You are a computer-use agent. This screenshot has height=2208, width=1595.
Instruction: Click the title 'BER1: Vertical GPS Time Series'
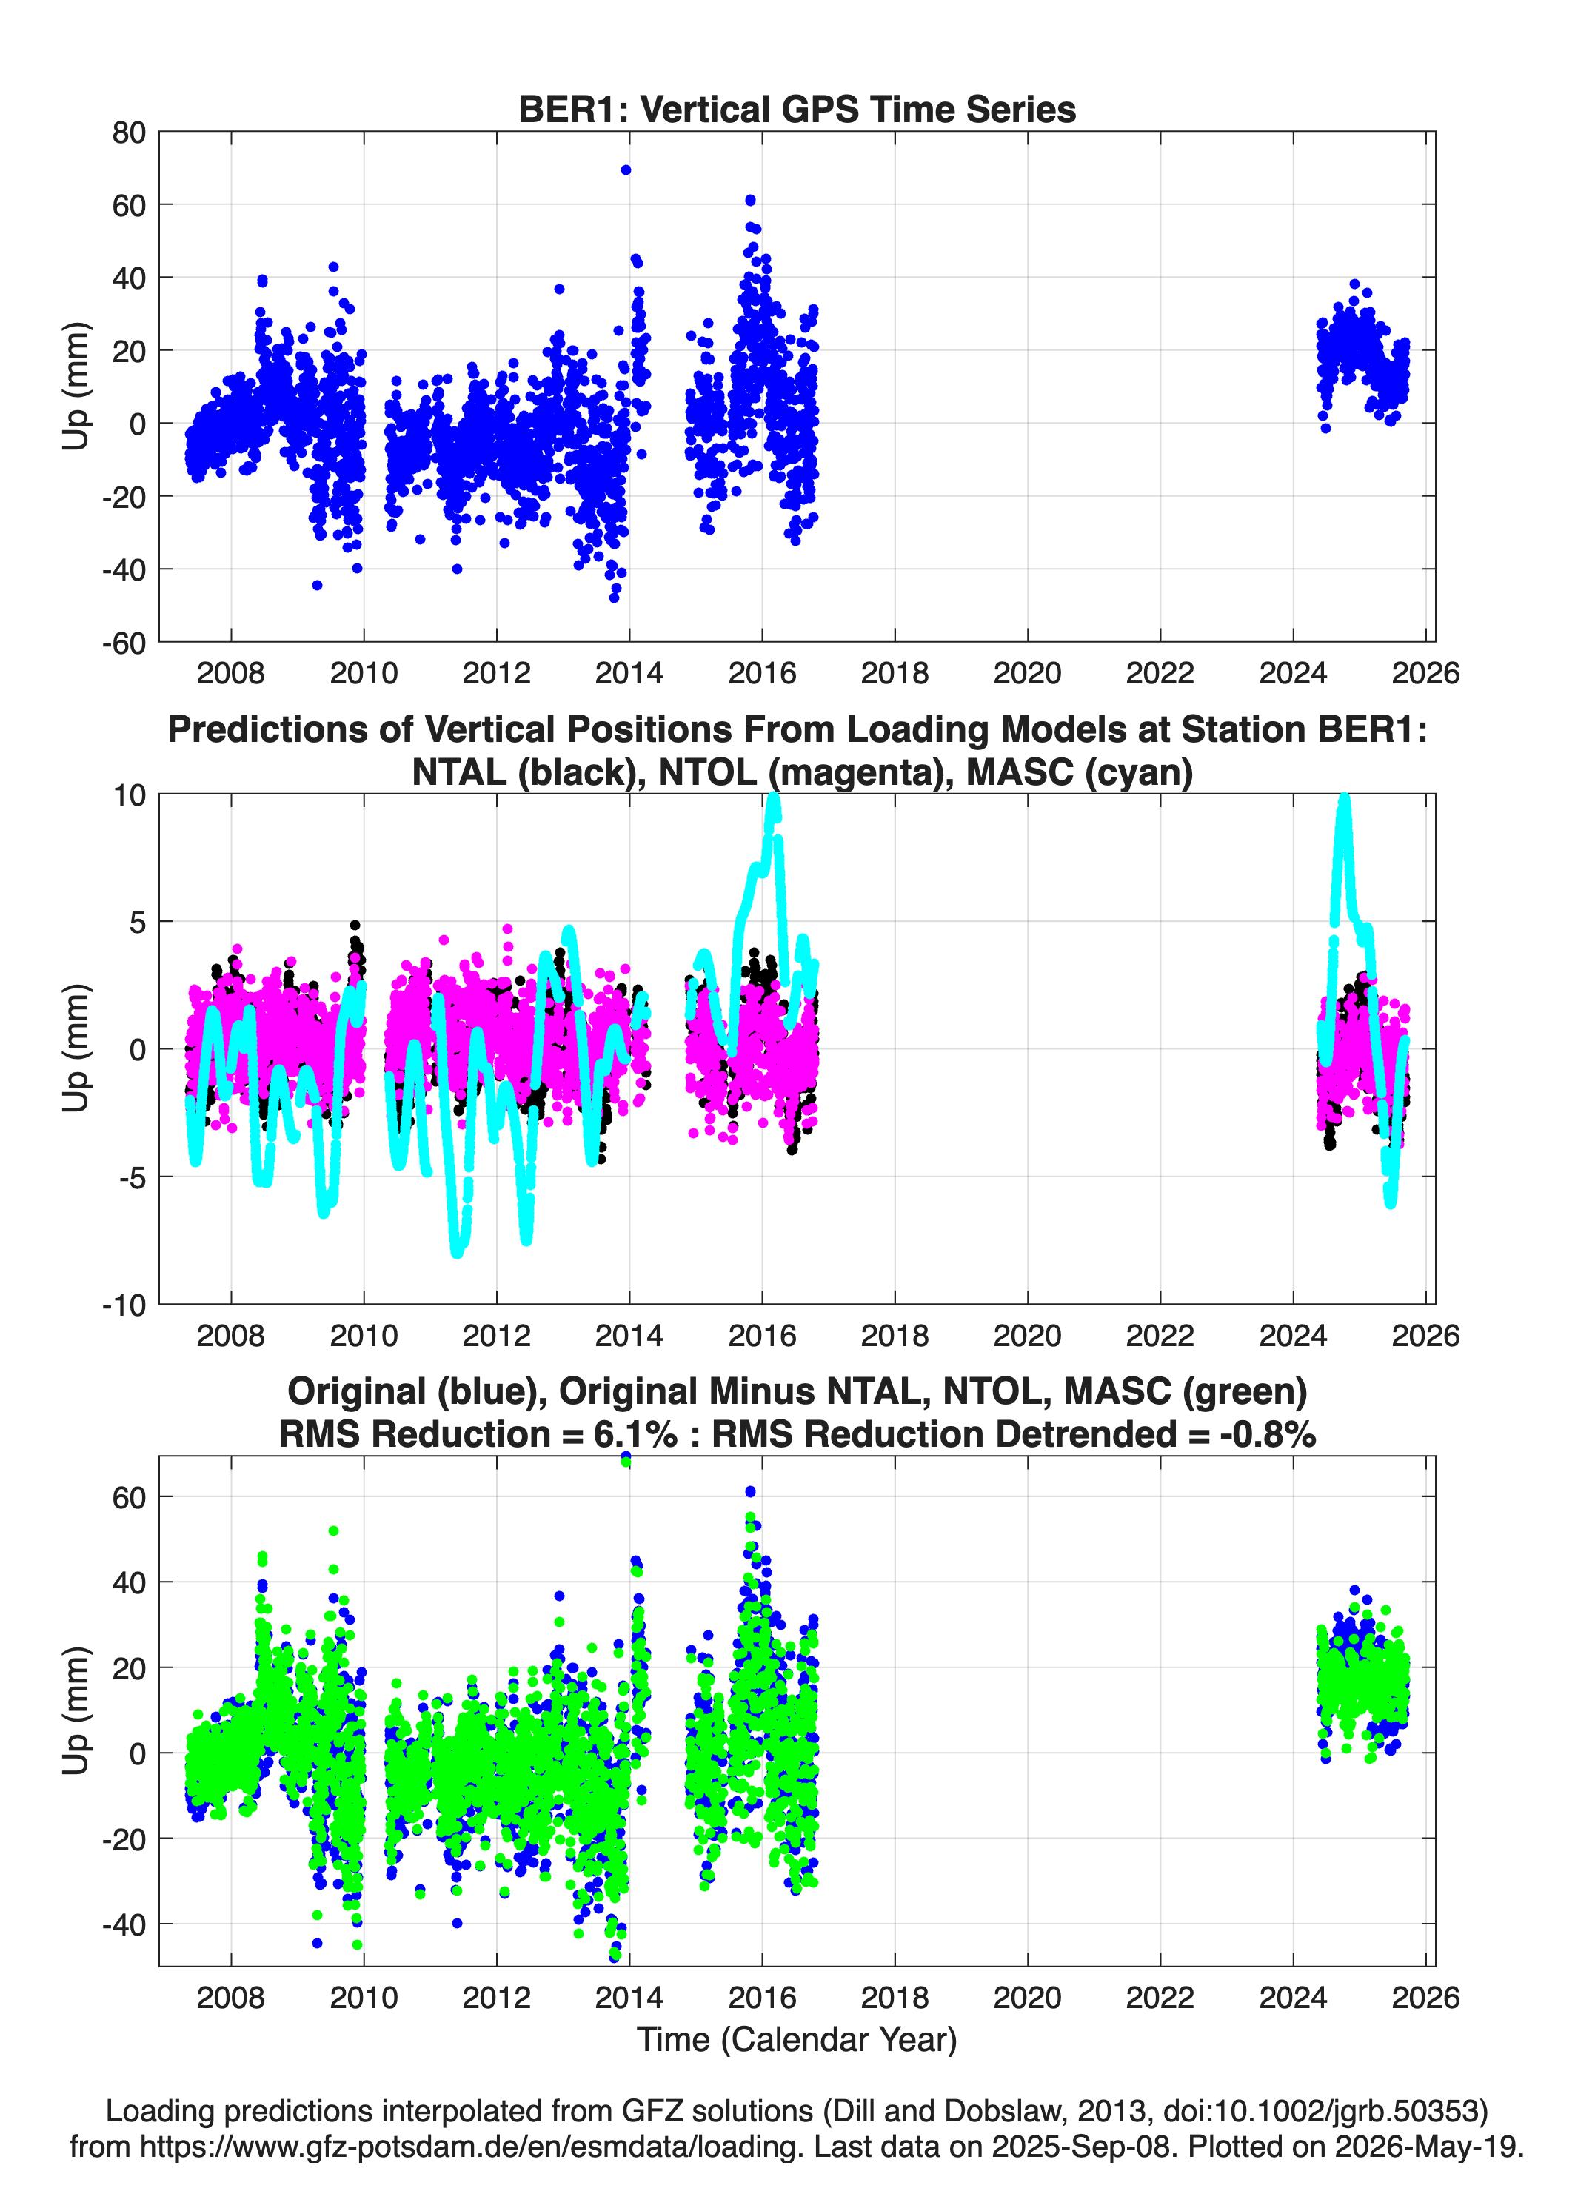(797, 109)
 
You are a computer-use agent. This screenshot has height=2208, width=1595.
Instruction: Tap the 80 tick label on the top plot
(129, 133)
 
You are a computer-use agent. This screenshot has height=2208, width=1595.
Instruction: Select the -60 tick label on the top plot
(124, 643)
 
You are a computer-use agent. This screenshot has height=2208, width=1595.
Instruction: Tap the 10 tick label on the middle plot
(130, 795)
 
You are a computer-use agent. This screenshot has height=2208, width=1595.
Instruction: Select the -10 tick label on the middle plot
(124, 1305)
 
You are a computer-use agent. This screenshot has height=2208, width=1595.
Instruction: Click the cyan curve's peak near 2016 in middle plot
(774, 798)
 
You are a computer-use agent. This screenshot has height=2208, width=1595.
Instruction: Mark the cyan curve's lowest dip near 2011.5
(457, 1252)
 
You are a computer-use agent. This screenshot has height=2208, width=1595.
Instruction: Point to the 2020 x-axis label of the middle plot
(1027, 1336)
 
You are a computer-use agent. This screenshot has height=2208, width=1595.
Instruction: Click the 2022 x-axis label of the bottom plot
(1160, 1998)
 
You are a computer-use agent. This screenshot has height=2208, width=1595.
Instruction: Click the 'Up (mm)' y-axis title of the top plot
(76, 386)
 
